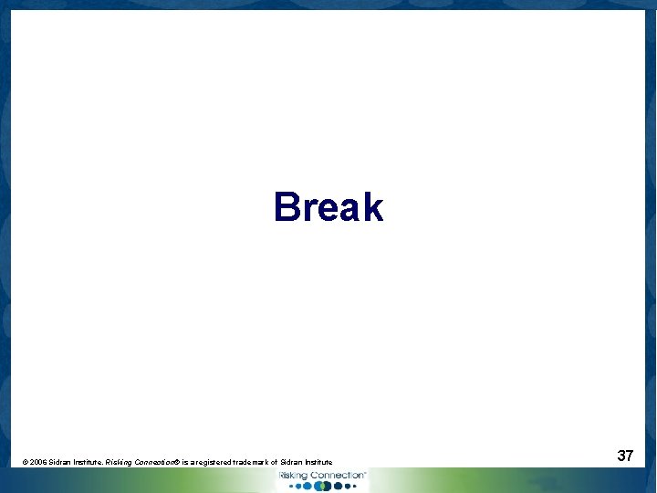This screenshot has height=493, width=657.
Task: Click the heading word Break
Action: [x=328, y=207]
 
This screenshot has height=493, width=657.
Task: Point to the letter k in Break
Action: [x=372, y=207]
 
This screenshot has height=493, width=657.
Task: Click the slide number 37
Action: [x=625, y=455]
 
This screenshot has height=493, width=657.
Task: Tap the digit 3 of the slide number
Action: [x=620, y=455]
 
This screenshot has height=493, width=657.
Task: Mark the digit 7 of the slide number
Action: [x=630, y=455]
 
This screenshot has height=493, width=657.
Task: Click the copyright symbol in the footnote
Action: [x=24, y=463]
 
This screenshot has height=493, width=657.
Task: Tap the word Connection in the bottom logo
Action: [x=336, y=476]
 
